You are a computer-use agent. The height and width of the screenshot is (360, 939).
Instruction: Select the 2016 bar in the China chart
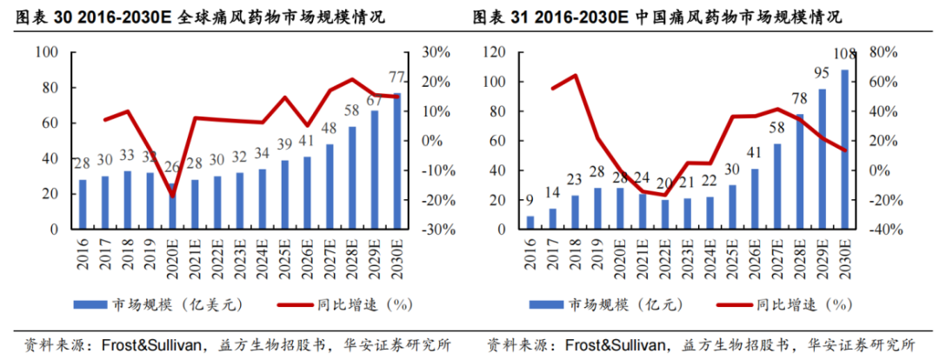tap(530, 223)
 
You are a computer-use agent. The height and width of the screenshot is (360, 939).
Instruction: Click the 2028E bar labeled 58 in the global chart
tap(352, 178)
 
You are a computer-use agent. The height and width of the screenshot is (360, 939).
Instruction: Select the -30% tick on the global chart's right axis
tap(432, 230)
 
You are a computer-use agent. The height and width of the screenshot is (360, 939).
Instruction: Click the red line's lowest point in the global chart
tap(171, 196)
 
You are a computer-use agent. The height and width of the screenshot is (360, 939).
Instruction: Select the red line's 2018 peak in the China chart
tap(575, 75)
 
